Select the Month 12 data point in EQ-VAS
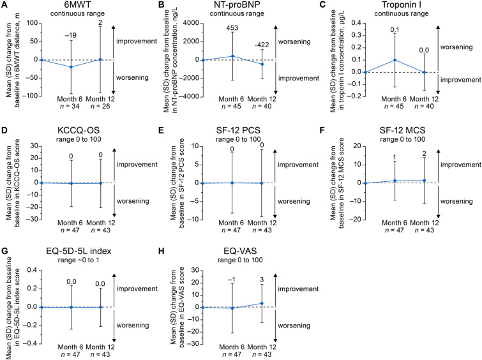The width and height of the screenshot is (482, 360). (261, 303)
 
